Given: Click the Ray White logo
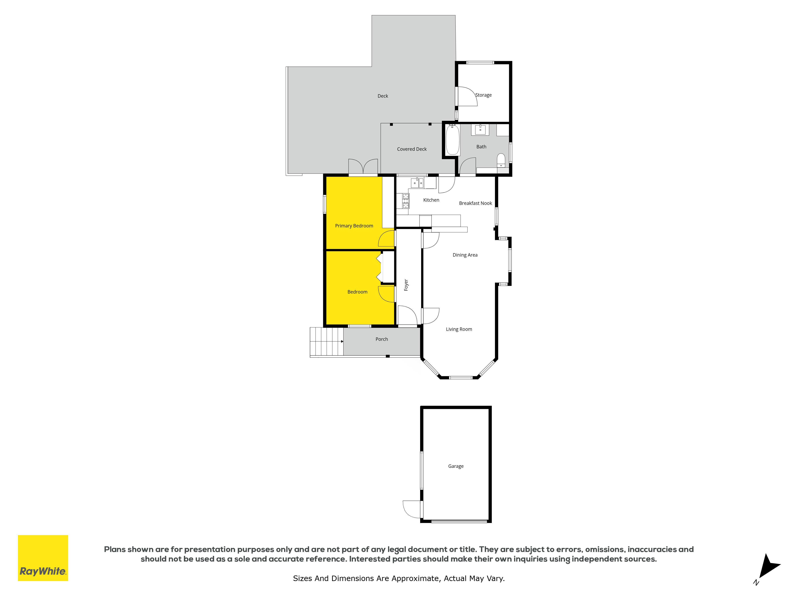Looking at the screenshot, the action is point(43,558).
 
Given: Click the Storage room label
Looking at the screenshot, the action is point(483,95).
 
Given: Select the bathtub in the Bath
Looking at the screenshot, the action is point(453,140).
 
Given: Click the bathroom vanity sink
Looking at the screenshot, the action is point(480,130).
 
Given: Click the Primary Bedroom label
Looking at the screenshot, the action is point(354,226).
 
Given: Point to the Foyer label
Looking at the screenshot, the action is point(406,285).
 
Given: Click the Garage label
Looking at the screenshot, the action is point(456,466).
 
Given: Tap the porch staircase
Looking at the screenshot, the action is point(327,342).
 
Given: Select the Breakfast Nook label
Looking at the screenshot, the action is point(475,203).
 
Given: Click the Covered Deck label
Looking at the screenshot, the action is point(412,149).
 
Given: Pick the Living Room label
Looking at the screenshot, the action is point(459,329).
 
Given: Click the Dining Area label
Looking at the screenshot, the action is point(465,255).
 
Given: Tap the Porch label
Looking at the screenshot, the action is point(382,339).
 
